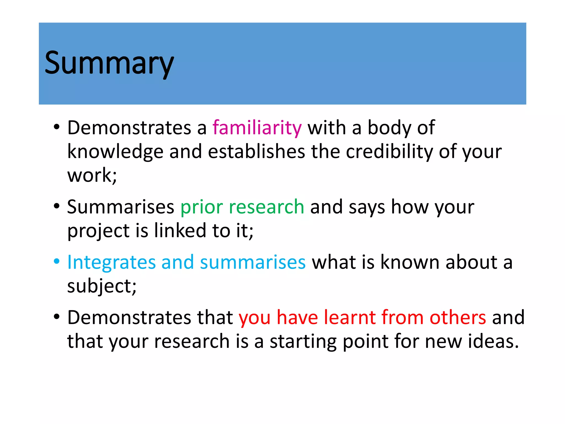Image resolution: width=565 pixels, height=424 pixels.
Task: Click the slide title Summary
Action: coord(109,63)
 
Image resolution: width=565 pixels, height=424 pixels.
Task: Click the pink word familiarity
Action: coord(257,128)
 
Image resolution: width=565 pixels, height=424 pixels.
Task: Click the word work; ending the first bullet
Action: coord(92,175)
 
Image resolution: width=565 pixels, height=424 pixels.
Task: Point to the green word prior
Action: coord(202,207)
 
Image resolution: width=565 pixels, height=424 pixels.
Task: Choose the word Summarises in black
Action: coord(121,207)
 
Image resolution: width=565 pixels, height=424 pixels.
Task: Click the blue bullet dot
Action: coord(57,261)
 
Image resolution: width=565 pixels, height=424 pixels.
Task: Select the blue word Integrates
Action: coord(111,262)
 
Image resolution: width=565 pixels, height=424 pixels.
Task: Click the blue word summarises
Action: coord(253,262)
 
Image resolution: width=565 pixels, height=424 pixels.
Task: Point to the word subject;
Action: coord(102,286)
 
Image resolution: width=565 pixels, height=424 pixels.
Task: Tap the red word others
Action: coord(458,317)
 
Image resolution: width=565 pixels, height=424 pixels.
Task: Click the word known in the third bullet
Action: coord(410,262)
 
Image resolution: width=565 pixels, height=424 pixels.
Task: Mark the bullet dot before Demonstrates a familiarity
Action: coord(57,127)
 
